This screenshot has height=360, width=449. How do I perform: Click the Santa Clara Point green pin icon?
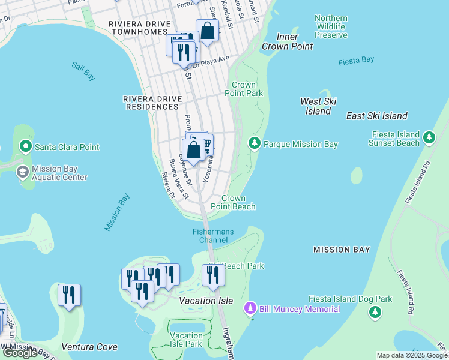(25, 146)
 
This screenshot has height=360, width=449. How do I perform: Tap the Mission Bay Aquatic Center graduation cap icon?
(22, 173)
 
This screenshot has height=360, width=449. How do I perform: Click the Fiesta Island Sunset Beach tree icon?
(429, 138)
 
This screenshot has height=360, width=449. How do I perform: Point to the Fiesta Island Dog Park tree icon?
(375, 311)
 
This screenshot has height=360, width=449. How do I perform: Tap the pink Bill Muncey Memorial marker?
(251, 309)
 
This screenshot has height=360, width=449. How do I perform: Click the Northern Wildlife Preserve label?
(331, 26)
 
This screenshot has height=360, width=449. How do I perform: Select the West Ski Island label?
(318, 106)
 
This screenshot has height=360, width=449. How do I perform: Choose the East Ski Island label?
(377, 116)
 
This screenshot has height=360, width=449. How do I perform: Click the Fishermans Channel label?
(210, 236)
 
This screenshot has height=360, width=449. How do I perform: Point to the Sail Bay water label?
(83, 71)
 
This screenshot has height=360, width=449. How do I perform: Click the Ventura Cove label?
(89, 347)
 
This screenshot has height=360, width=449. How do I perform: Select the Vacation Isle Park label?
(185, 340)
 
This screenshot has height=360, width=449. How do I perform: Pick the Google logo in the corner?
(20, 353)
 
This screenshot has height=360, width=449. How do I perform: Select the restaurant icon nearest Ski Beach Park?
(212, 274)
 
